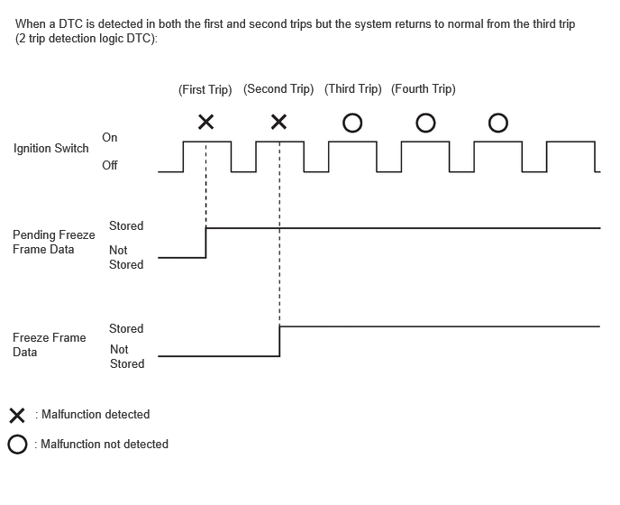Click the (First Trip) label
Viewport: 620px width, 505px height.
tap(205, 89)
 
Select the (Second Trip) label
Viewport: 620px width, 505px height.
tap(278, 89)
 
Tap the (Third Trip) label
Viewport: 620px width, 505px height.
tap(352, 89)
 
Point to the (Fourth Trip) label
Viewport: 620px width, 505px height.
tap(423, 89)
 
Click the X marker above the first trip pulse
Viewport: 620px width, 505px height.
tap(206, 122)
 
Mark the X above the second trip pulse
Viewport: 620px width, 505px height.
tap(278, 122)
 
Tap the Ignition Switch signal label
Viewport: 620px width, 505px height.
tap(51, 149)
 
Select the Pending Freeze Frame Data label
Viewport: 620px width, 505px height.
tap(54, 242)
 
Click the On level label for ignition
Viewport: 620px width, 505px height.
tap(110, 137)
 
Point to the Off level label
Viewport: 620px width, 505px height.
tap(110, 165)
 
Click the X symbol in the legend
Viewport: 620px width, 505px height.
tap(17, 416)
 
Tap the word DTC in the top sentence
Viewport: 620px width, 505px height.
tap(71, 24)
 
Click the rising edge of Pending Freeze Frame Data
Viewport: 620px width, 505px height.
tap(206, 243)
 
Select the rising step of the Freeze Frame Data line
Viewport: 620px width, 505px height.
tap(279, 341)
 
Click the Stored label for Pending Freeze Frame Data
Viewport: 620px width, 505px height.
tap(126, 226)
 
